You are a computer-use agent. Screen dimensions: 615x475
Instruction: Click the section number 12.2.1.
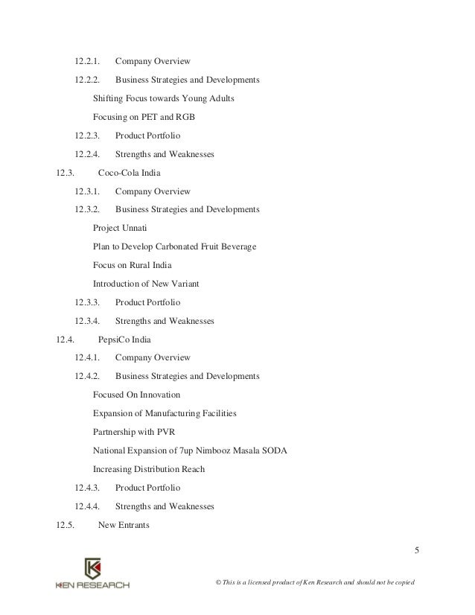pos(88,60)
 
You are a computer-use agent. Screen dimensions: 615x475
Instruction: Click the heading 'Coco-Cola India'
pos(130,173)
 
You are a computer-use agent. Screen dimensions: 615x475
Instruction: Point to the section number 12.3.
pos(66,173)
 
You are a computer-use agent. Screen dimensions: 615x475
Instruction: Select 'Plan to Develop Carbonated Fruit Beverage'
pos(174,246)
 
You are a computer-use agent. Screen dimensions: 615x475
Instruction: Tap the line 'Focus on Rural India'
pos(135,265)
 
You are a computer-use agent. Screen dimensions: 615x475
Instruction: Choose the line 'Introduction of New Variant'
pos(146,284)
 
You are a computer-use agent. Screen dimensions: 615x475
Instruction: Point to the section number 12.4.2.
pos(88,377)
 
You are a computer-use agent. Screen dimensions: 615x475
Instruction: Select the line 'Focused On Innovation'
pos(136,395)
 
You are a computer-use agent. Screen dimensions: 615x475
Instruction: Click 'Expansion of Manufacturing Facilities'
pos(165,413)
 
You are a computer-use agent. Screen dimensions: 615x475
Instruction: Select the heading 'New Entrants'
pos(124,526)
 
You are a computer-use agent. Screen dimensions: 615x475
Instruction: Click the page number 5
pos(417,551)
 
